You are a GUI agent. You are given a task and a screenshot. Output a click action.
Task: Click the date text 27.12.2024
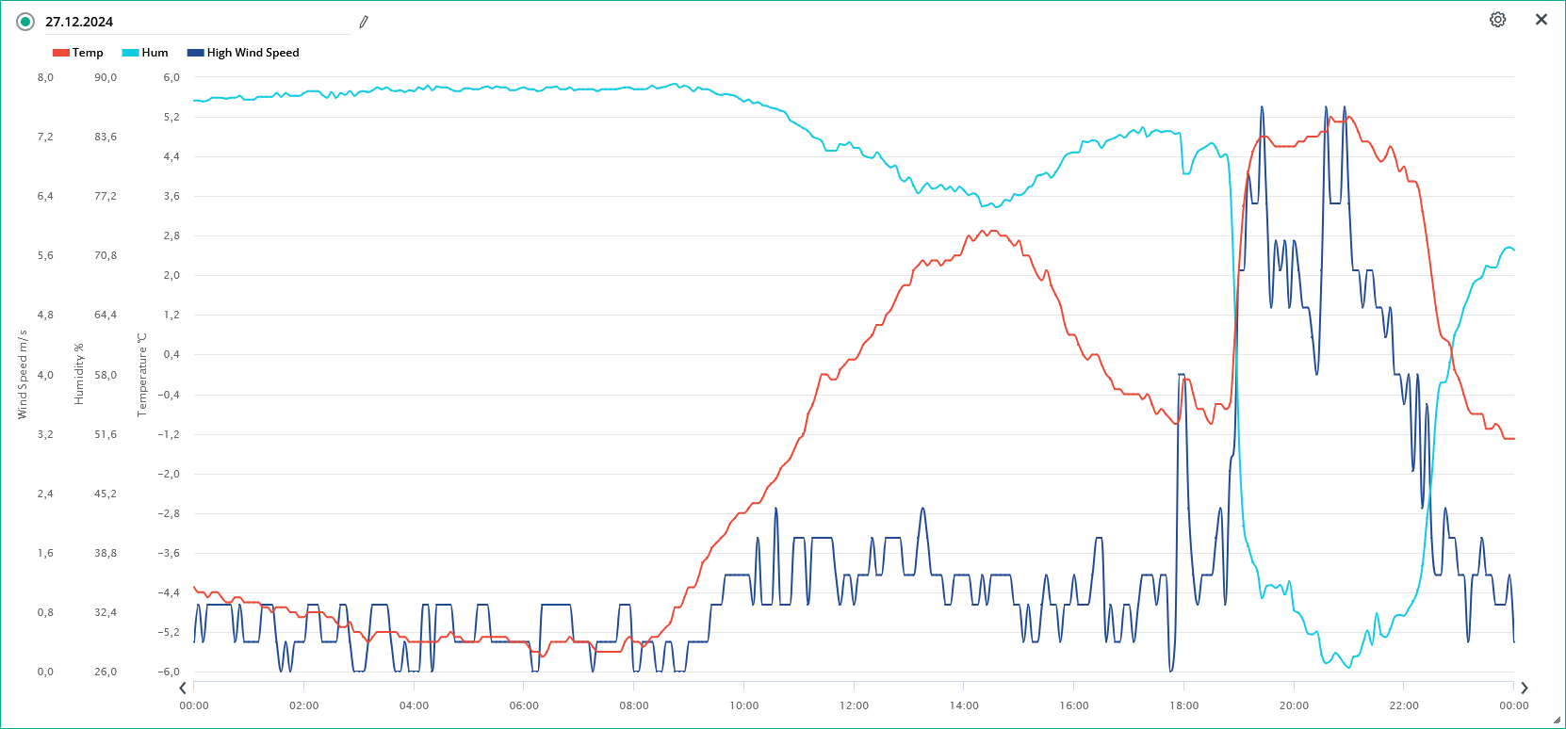pyautogui.click(x=79, y=22)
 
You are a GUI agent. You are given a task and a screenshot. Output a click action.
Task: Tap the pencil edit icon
pyautogui.click(x=364, y=22)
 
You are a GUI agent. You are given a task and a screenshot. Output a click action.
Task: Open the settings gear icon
pyautogui.click(x=1497, y=20)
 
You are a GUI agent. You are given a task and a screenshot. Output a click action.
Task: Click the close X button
pyautogui.click(x=1542, y=20)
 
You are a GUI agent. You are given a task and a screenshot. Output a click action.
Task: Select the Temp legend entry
pyautogui.click(x=78, y=53)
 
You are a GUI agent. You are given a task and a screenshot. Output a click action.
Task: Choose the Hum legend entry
pyautogui.click(x=145, y=53)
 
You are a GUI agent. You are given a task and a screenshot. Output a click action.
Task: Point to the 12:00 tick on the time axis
pyautogui.click(x=854, y=705)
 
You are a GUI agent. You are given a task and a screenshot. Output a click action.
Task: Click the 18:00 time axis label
pyautogui.click(x=1183, y=705)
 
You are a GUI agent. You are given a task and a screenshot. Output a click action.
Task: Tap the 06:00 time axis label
pyautogui.click(x=524, y=705)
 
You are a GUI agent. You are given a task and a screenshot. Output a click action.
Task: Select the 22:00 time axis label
pyautogui.click(x=1404, y=705)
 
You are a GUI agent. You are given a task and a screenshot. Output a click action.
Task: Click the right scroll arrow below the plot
pyautogui.click(x=1525, y=688)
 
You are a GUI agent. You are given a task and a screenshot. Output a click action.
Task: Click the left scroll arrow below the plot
pyautogui.click(x=183, y=688)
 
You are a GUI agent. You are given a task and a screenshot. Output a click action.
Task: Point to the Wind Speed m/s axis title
pyautogui.click(x=23, y=375)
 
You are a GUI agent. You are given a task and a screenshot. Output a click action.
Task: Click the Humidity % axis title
pyautogui.click(x=79, y=375)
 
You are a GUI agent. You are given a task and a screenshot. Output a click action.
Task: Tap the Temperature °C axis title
pyautogui.click(x=142, y=375)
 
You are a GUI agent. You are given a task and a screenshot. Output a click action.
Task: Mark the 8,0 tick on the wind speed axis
pyautogui.click(x=45, y=77)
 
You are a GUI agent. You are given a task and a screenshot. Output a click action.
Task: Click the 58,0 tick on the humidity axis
pyautogui.click(x=106, y=375)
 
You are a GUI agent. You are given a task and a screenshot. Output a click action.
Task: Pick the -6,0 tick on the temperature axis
pyautogui.click(x=169, y=672)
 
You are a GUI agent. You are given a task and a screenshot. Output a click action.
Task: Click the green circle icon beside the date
pyautogui.click(x=25, y=22)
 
